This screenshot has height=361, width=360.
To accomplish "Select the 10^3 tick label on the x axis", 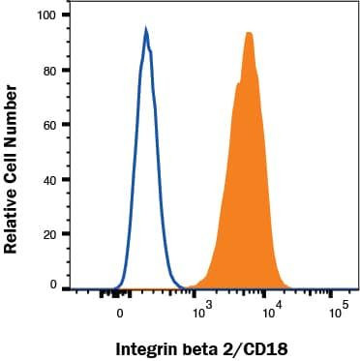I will coord(200,313).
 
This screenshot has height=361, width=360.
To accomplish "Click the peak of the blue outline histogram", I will coord(146,31).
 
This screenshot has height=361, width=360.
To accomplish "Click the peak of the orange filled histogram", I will coord(250,34).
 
